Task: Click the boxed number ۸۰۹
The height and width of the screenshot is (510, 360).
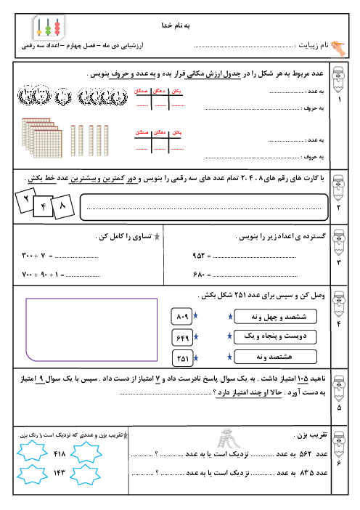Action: pyautogui.click(x=183, y=317)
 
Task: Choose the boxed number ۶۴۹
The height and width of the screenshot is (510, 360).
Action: pyautogui.click(x=183, y=338)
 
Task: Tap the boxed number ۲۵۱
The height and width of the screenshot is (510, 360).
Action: pyautogui.click(x=183, y=357)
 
